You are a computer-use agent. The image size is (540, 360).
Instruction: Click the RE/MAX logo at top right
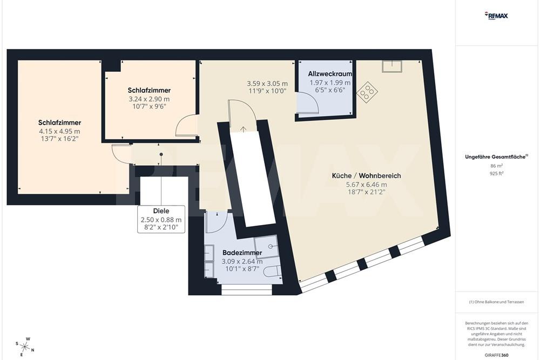[496, 16]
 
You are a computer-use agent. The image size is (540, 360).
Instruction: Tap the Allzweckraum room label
[330, 73]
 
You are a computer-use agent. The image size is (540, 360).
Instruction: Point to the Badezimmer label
[242, 253]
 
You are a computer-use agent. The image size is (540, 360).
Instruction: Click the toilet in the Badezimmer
[273, 271]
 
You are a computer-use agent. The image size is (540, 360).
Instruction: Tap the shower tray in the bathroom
[266, 247]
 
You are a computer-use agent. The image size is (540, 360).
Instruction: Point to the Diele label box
[161, 219]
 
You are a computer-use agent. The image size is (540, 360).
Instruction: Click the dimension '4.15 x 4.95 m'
[59, 131]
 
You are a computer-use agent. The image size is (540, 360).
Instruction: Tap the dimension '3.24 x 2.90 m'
[149, 99]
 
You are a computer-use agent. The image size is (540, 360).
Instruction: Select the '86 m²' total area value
[496, 166]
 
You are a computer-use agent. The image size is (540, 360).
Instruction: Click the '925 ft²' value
[496, 174]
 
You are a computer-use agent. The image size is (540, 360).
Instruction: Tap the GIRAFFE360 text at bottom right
[496, 355]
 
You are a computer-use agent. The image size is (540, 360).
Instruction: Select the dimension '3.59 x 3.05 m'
[267, 84]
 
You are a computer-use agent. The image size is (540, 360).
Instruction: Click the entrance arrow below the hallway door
[243, 129]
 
